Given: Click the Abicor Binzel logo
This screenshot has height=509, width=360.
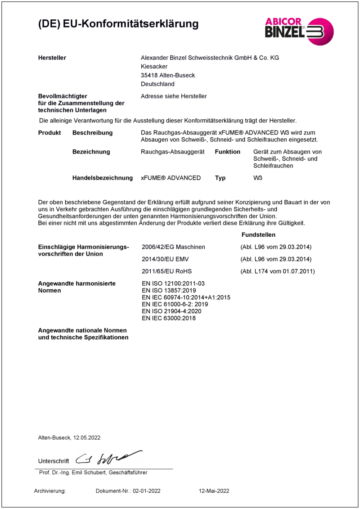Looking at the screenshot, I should [299, 30].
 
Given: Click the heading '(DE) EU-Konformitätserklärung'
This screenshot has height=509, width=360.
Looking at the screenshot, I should [118, 23].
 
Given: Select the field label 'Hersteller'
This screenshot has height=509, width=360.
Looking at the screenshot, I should [52, 58].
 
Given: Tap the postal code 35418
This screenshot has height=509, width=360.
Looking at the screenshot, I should [149, 75].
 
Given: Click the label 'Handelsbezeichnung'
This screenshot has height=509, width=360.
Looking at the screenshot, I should [103, 178].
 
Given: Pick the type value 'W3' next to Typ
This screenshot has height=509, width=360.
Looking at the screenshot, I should [258, 178].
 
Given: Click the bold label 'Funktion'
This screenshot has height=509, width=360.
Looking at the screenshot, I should [227, 152].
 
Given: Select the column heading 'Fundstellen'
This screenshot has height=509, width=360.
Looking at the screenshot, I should [258, 235].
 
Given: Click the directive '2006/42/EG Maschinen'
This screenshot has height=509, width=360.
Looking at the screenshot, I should [173, 247].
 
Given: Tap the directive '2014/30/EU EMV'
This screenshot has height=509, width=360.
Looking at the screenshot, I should [163, 259].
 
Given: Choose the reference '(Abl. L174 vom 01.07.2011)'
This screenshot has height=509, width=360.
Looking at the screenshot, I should [277, 271].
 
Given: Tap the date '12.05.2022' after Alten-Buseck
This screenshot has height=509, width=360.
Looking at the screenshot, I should [87, 437].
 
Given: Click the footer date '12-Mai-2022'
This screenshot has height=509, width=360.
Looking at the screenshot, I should [214, 491].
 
